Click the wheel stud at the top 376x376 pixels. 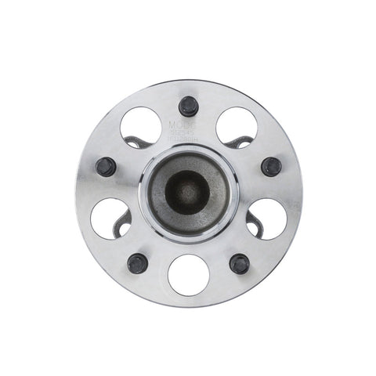(x=188, y=105)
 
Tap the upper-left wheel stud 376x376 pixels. (x=106, y=166)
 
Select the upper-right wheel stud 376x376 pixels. (x=271, y=166)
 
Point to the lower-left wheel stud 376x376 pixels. (x=137, y=262)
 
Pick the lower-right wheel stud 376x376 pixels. (x=240, y=262)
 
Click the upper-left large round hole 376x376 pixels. (x=141, y=125)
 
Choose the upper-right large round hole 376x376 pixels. (x=237, y=125)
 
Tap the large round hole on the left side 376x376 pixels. (x=110, y=218)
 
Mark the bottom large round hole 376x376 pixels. (x=189, y=275)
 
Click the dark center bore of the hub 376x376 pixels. (x=187, y=191)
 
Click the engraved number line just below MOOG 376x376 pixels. (x=183, y=133)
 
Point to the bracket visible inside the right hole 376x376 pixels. (x=253, y=224)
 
